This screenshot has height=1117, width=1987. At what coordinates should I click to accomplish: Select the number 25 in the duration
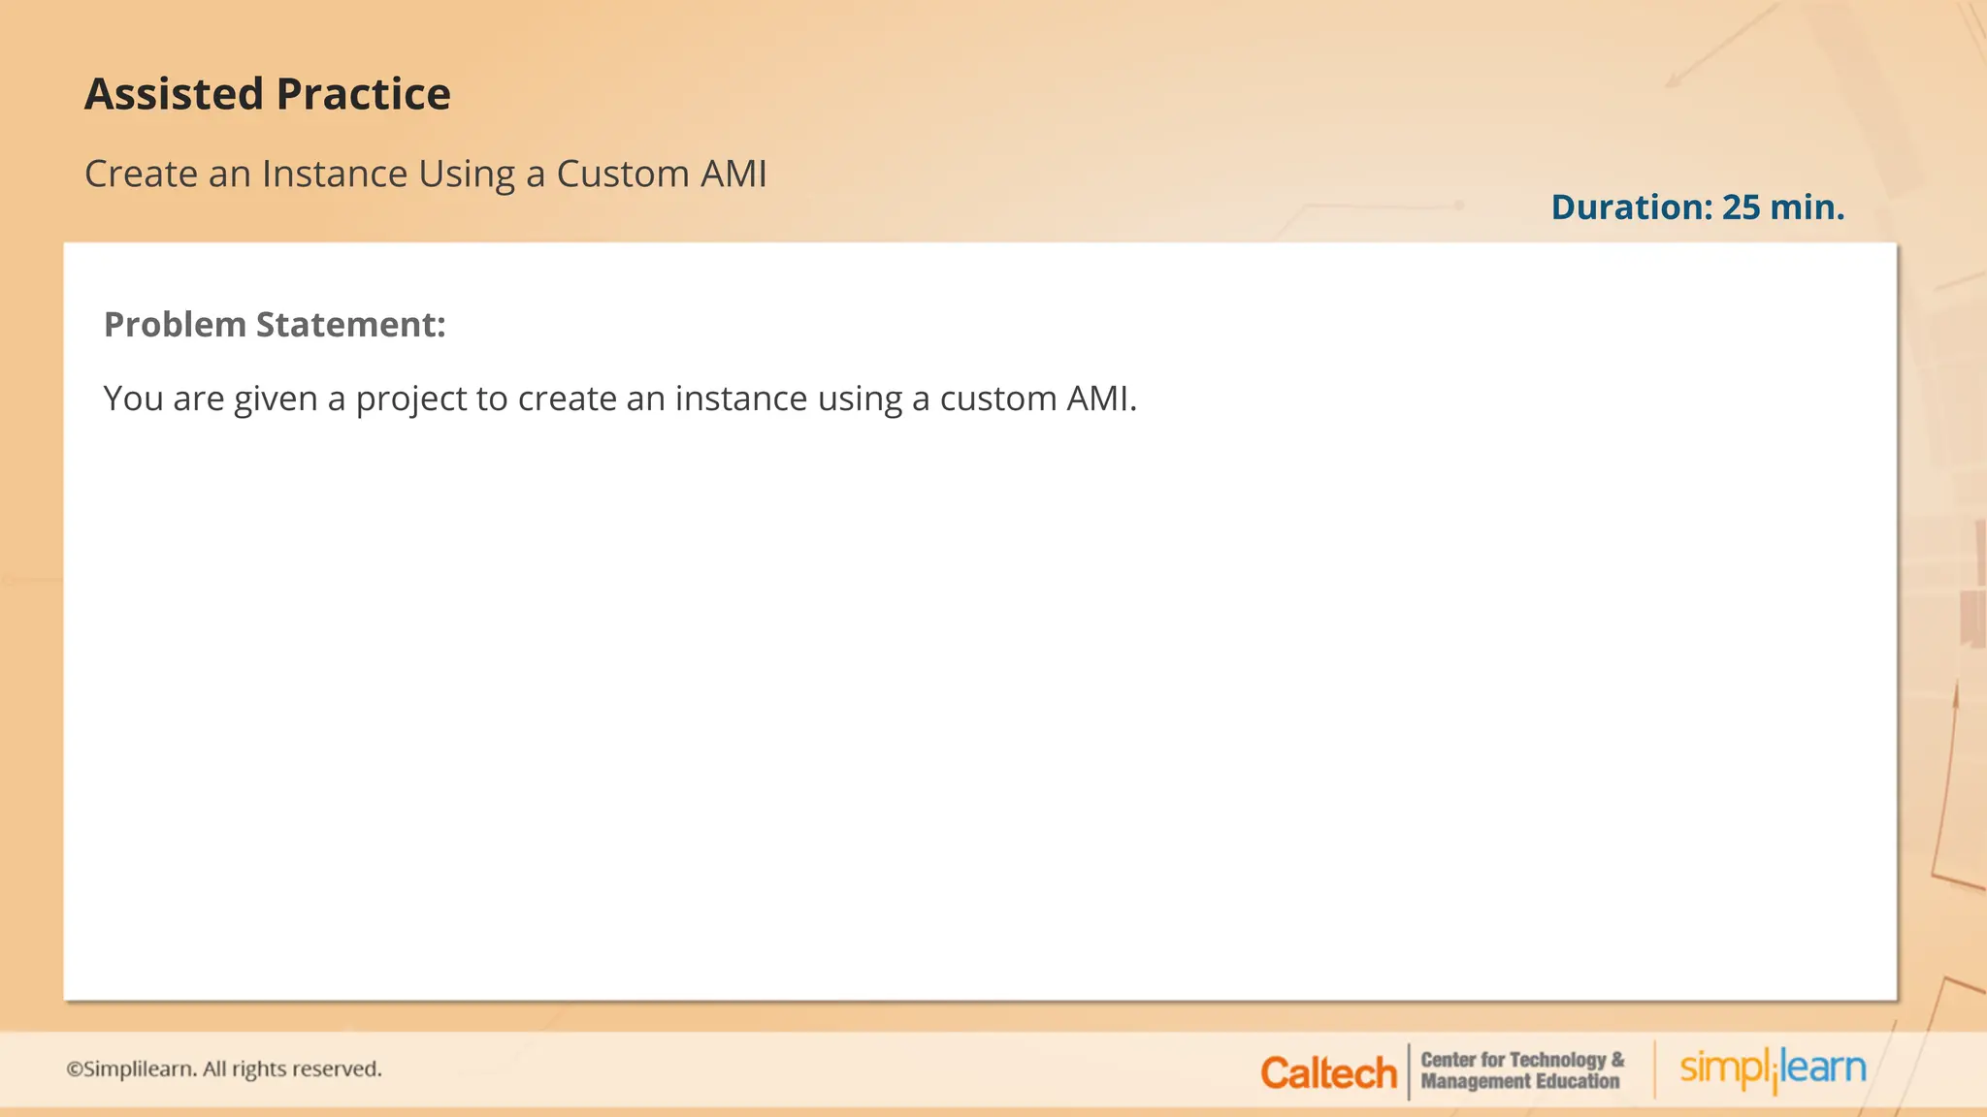[1741, 207]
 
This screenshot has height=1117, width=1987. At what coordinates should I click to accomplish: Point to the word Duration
[1631, 207]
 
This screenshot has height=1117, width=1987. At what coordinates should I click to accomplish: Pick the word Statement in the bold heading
[350, 325]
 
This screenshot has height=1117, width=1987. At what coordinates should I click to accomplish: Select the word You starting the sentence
[133, 399]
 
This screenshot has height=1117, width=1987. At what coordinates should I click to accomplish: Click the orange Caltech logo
[1328, 1072]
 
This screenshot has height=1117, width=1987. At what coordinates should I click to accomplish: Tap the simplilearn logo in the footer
[1773, 1069]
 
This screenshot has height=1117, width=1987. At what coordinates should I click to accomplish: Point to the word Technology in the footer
[1558, 1060]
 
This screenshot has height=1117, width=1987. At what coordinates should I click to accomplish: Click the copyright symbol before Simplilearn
[74, 1069]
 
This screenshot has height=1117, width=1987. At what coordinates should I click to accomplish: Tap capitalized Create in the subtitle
[142, 175]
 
